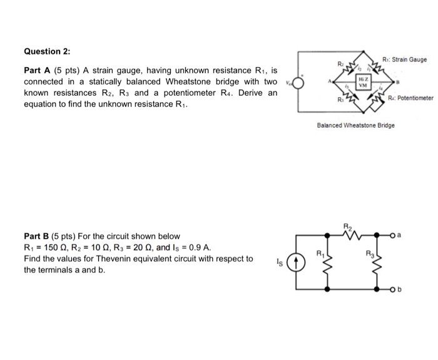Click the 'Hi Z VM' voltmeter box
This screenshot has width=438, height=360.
pyautogui.click(x=362, y=82)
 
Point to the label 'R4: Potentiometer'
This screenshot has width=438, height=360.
pyautogui.click(x=410, y=98)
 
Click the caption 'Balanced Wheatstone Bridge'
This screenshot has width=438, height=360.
pyautogui.click(x=356, y=125)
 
